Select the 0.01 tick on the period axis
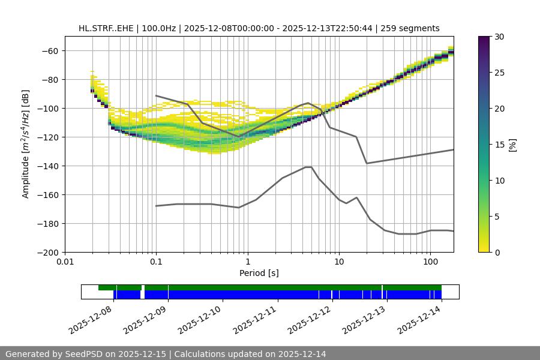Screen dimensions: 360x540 tap(65, 262)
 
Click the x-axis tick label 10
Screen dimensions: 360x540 tap(339, 262)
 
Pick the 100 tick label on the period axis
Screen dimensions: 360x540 tap(430, 262)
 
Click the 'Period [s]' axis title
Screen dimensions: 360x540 tap(259, 273)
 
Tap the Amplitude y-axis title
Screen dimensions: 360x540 tap(26, 144)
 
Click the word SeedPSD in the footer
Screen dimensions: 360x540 tap(83, 354)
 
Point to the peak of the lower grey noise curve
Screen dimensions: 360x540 tap(308, 167)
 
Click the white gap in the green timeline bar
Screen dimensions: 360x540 tap(143, 287)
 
